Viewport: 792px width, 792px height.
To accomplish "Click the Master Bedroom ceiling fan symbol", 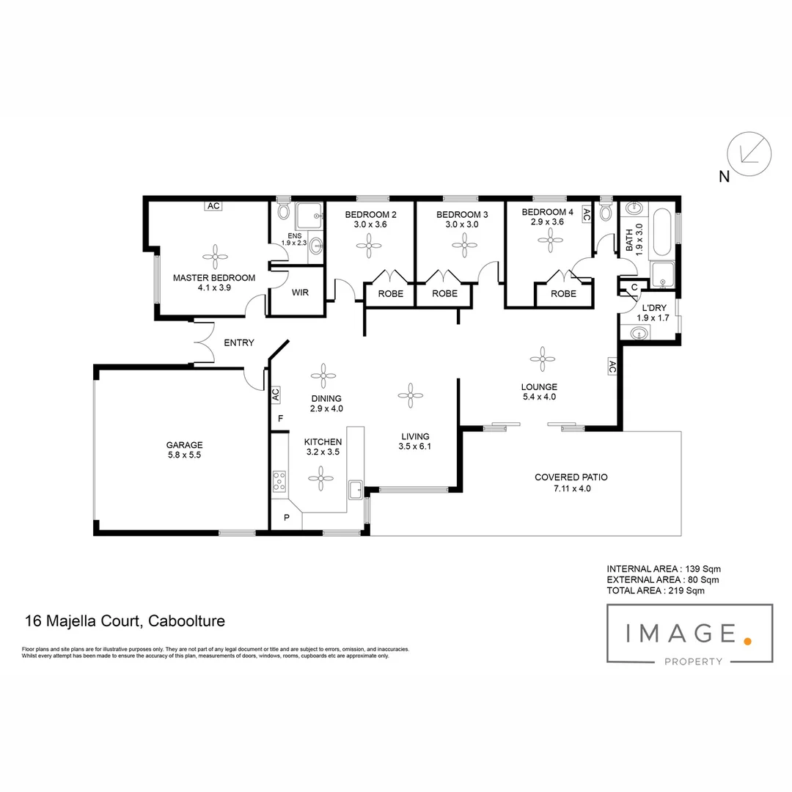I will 215,256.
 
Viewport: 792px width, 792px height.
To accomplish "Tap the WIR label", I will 299,293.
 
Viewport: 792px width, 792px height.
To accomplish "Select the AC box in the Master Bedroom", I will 213,206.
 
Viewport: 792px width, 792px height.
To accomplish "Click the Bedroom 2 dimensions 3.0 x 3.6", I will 370,225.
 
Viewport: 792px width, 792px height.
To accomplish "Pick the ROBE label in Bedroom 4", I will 563,293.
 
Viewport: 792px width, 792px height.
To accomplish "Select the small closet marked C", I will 633,287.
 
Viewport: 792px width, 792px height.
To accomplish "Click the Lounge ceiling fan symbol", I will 543,359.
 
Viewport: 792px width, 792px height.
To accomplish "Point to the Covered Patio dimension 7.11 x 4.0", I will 571,488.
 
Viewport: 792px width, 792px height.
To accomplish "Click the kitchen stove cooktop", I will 279,481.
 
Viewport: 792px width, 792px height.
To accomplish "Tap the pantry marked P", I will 286,518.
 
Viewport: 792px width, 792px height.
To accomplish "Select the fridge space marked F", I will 280,419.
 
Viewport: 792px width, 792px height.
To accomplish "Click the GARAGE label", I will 184,444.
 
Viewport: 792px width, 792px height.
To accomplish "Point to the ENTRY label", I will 238,342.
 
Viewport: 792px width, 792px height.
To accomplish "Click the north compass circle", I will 749,154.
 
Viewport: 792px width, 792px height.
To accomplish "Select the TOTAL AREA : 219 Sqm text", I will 656,590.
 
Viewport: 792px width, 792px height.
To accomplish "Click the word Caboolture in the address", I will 186,620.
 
